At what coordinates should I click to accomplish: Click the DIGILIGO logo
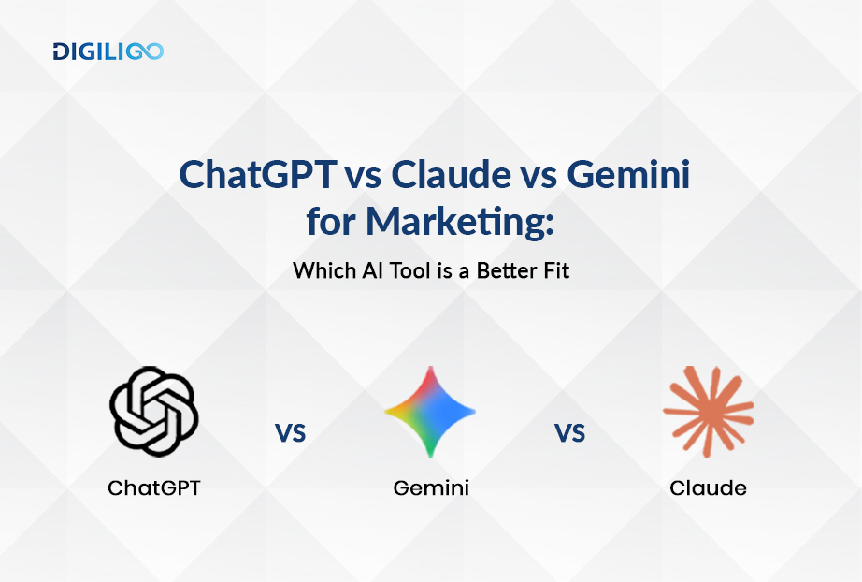point(108,51)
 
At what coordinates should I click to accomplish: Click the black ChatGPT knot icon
point(153,410)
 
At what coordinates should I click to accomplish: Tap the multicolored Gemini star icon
point(430,412)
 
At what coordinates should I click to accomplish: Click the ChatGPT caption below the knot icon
point(153,487)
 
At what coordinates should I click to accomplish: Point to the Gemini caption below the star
point(430,487)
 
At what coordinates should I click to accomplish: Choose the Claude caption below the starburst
point(708,487)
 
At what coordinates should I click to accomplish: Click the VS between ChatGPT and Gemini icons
point(291,432)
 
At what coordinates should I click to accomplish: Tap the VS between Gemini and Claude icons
point(569,432)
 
